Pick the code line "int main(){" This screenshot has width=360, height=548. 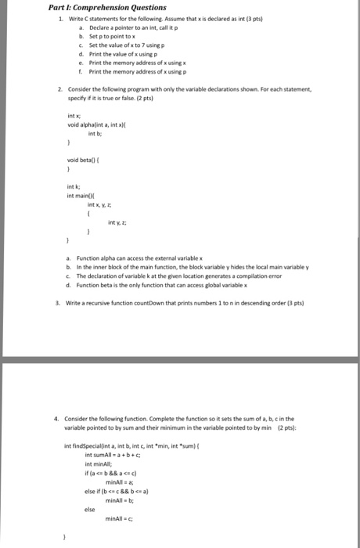81,195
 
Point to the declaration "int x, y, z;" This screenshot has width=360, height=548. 99,204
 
